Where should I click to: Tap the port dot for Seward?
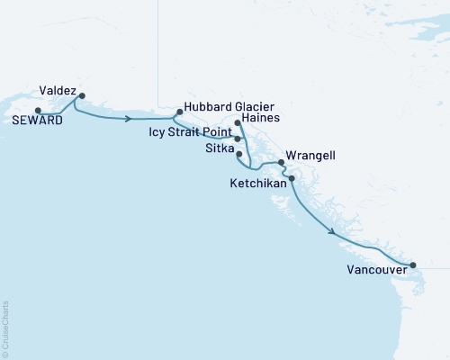click(38, 111)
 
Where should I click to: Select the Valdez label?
click(58, 90)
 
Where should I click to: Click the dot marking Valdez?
click(82, 95)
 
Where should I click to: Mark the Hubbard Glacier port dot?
click(179, 112)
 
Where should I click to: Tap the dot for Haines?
click(237, 122)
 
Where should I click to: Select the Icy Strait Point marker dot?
click(237, 139)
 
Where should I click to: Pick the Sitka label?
click(219, 148)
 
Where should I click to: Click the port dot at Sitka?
click(238, 154)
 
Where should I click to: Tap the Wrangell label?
click(310, 156)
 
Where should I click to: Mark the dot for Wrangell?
click(282, 163)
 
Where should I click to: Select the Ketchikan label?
click(264, 183)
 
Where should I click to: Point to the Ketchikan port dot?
click(291, 178)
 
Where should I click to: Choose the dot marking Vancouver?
click(413, 265)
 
